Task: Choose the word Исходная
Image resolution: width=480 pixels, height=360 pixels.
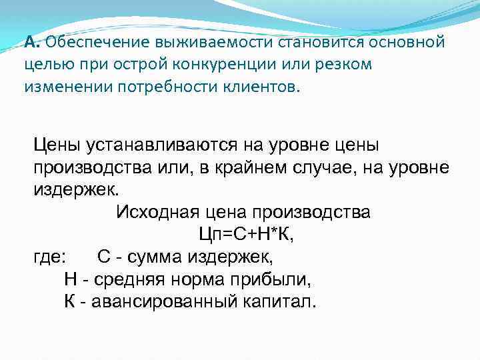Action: click(157, 213)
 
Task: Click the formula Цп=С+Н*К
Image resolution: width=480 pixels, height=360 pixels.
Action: click(247, 235)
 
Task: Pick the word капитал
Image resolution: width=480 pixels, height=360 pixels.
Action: click(278, 301)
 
